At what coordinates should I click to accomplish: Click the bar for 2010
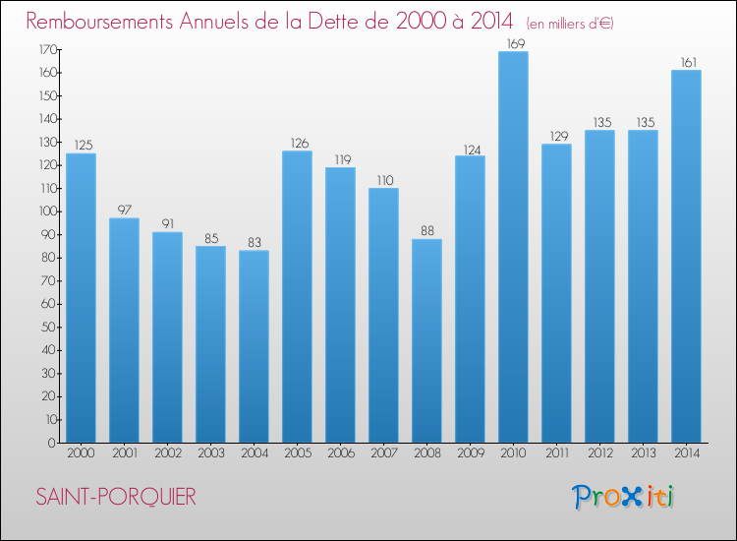coord(513,246)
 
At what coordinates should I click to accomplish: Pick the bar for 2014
coord(686,256)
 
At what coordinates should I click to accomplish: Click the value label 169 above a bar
coord(513,43)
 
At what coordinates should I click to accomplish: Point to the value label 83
coord(254,242)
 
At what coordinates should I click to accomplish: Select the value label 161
coord(686,62)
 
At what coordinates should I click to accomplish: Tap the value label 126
coord(297,143)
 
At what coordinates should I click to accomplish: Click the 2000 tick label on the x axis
coord(81,453)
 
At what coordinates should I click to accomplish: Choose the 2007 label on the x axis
coord(383,453)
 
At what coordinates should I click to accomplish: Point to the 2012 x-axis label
coord(599,453)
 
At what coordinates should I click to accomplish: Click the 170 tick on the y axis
coord(47,49)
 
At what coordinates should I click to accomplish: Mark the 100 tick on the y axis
coord(47,211)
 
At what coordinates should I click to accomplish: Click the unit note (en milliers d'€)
coord(569,23)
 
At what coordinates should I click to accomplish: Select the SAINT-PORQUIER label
coord(115,497)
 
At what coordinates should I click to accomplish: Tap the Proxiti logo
coord(622,497)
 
